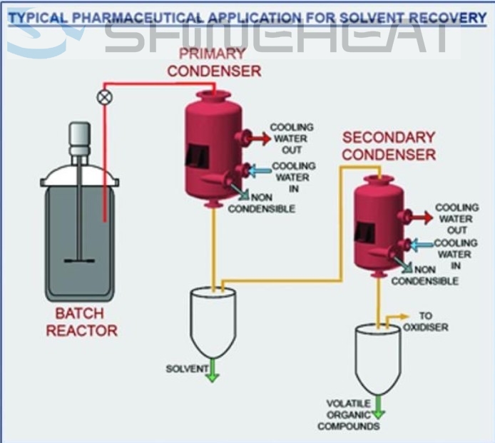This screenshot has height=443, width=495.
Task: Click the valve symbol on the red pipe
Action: pyautogui.click(x=106, y=97)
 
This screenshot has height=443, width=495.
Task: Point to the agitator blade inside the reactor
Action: pyautogui.click(x=78, y=259)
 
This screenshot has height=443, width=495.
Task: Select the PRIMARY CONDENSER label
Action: pyautogui.click(x=214, y=62)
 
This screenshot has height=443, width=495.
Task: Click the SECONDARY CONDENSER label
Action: pyautogui.click(x=389, y=146)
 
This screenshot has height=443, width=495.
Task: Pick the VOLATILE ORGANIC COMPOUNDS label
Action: pyautogui.click(x=349, y=414)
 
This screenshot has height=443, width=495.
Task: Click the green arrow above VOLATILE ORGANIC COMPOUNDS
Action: pyautogui.click(x=378, y=409)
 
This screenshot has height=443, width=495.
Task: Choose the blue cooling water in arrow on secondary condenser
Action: pyautogui.click(x=421, y=245)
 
